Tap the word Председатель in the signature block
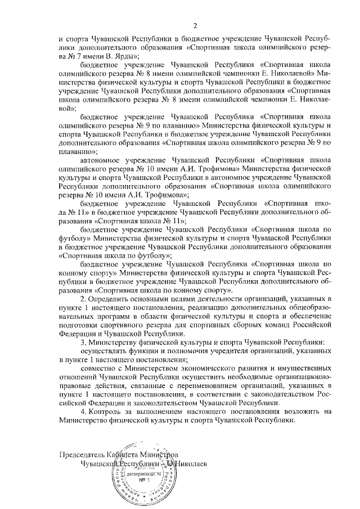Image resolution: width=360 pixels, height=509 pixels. tap(83, 454)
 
